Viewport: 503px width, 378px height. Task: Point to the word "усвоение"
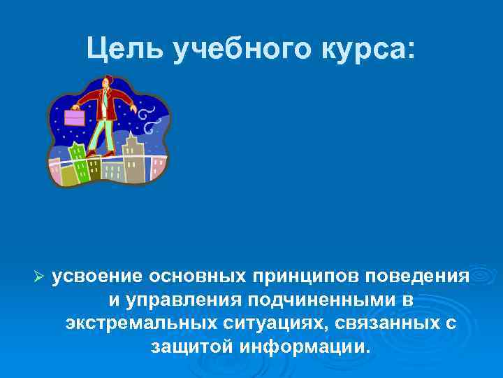pos(96,275)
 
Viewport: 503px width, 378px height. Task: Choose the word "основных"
pos(195,275)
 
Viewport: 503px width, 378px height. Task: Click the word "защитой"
pos(191,347)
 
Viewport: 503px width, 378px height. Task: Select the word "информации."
pos(304,347)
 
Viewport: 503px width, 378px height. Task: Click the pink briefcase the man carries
pos(74,117)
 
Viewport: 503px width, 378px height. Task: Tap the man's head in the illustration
pos(105,83)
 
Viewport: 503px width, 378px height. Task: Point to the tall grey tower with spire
pos(133,158)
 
